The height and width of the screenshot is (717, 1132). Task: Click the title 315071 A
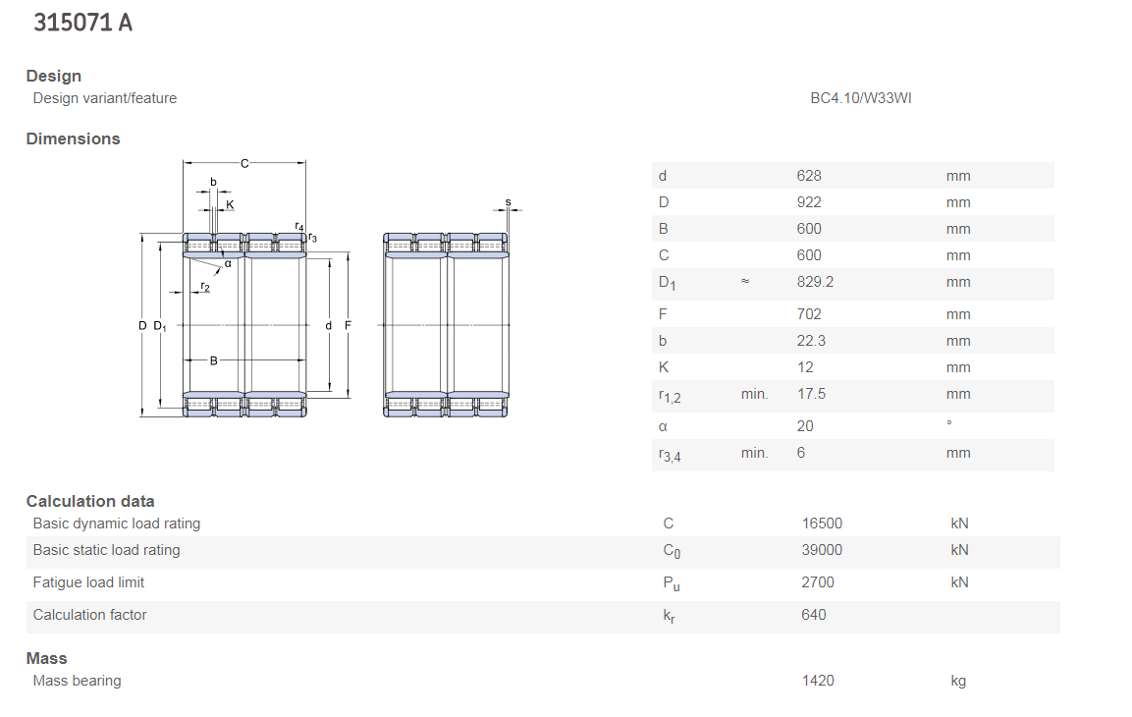[83, 24]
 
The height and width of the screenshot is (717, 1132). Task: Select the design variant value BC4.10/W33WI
[861, 98]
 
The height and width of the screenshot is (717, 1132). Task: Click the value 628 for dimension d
[809, 176]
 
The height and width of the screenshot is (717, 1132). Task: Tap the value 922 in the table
[809, 203]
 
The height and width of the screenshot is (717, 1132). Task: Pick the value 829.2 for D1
[815, 282]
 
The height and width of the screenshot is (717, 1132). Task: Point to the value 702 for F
[809, 315]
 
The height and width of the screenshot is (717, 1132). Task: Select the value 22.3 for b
[811, 342]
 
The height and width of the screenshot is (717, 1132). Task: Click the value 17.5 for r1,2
[811, 394]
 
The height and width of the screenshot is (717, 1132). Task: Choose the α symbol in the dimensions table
[663, 427]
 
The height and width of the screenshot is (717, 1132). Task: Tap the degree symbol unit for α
[949, 422]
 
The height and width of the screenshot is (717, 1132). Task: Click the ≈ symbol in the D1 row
[745, 281]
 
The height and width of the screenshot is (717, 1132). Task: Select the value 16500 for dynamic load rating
[822, 524]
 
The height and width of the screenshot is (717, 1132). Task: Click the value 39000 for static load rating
[822, 551]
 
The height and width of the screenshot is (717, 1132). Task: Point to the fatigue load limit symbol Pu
[672, 584]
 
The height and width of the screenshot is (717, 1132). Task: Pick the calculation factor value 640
[814, 615]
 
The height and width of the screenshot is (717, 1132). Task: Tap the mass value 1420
[817, 681]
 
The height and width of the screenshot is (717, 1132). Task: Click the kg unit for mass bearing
[958, 682]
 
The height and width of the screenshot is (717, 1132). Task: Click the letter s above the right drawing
[509, 202]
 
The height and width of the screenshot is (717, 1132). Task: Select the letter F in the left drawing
[348, 326]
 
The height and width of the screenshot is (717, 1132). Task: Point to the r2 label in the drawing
[205, 288]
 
